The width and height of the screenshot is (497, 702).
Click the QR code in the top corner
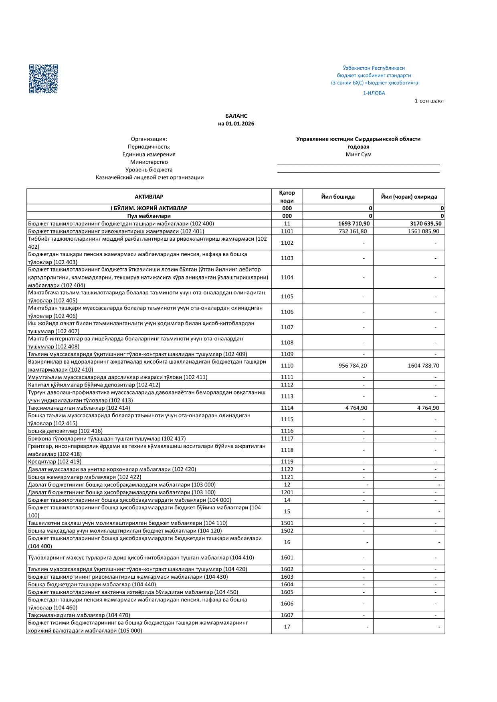[43, 79]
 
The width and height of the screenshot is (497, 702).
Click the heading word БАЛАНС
[236, 116]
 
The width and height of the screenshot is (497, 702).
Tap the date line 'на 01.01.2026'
[236, 124]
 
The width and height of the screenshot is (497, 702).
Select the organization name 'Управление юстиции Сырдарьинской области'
[358, 139]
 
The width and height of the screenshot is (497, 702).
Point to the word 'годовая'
[358, 147]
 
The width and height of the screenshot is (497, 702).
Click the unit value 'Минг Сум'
[358, 154]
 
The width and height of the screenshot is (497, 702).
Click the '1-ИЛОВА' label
[374, 93]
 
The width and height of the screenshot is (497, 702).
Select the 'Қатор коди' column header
[287, 197]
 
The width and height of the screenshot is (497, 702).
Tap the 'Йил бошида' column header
[338, 197]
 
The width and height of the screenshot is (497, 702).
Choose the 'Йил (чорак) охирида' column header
[409, 197]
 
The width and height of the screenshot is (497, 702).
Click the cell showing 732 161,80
[352, 231]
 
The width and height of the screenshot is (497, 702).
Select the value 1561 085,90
[423, 231]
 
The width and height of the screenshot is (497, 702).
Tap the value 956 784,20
[352, 366]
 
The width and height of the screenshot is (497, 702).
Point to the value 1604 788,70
[423, 366]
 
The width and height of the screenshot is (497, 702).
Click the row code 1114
[287, 408]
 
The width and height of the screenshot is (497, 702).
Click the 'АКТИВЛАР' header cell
[149, 197]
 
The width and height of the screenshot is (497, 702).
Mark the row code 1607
[287, 615]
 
